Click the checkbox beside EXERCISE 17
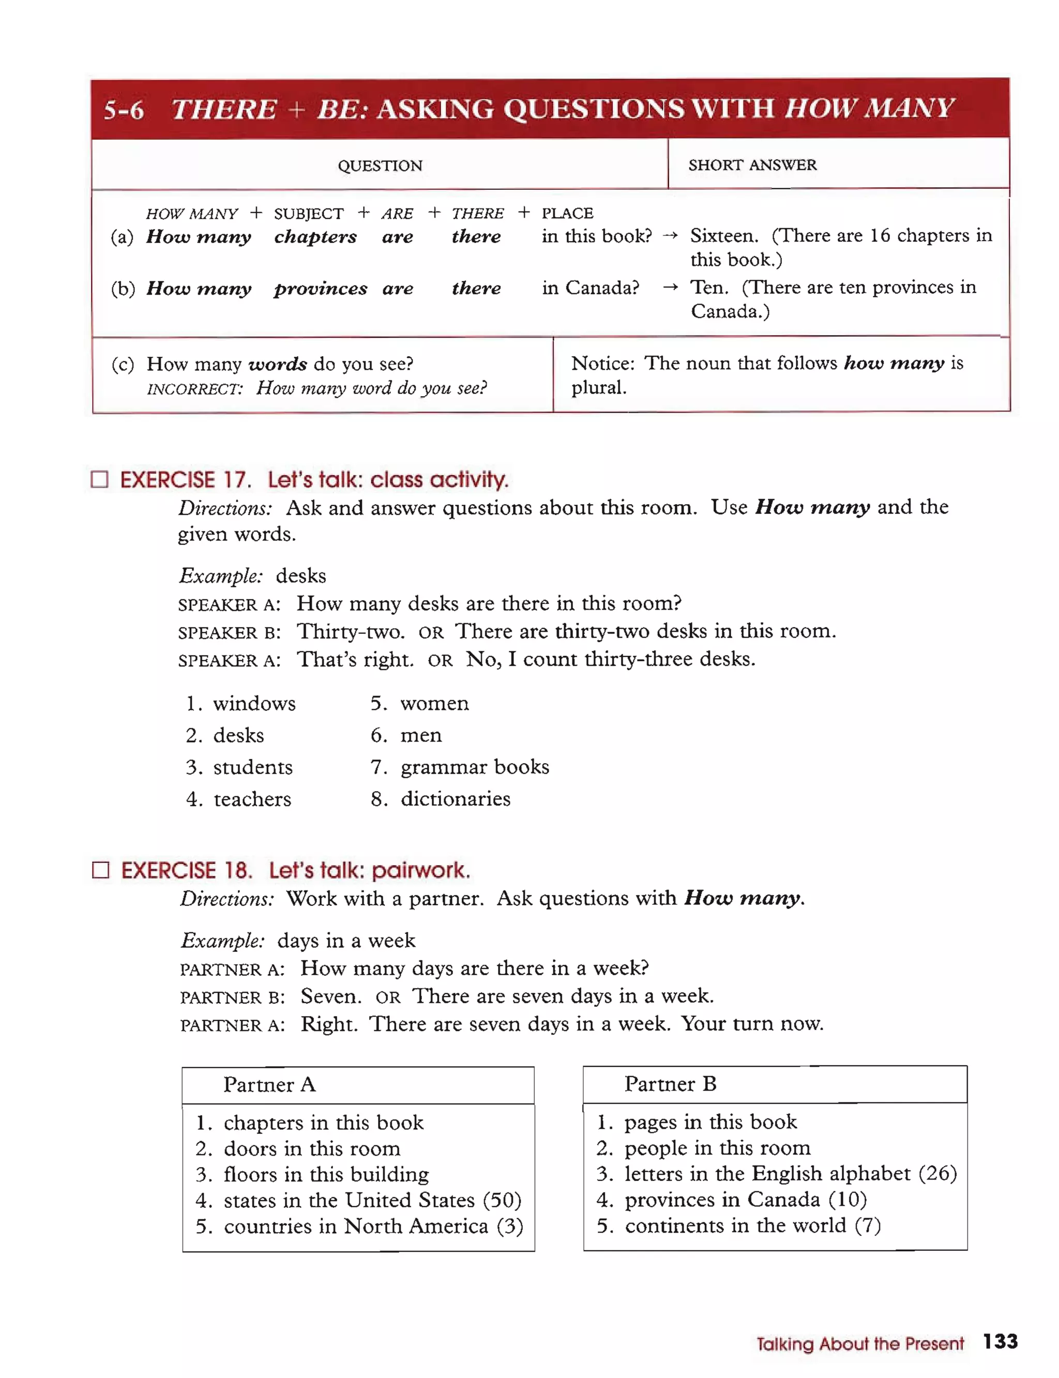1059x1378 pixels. (x=100, y=479)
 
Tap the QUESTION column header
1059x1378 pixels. (x=380, y=166)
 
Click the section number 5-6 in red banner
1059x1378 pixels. (x=124, y=110)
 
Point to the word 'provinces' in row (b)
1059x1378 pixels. (x=320, y=288)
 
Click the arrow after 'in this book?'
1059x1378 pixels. (x=670, y=236)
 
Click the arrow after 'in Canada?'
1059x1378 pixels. (x=670, y=287)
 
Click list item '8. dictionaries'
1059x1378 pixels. (x=441, y=799)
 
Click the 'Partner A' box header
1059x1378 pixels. (x=269, y=1084)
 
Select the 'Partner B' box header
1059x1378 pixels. (x=670, y=1084)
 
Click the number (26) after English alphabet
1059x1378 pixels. (x=937, y=1173)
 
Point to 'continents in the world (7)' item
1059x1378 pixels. (x=739, y=1225)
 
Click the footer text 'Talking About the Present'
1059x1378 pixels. (x=860, y=1343)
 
